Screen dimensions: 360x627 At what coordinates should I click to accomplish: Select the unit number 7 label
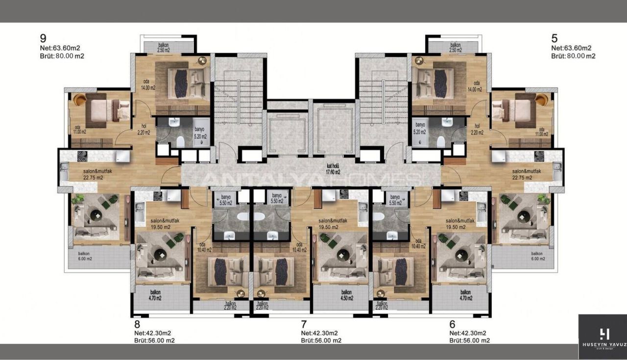coord(304,324)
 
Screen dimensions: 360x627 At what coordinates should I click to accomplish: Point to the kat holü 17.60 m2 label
coord(334,169)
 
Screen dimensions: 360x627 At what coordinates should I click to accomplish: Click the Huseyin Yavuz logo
coord(603,337)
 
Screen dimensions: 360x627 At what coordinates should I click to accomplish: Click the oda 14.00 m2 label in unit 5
coord(474,86)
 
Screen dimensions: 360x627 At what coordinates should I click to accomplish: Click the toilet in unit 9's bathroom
coord(180,142)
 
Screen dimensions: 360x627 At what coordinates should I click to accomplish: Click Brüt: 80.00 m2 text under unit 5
coord(573,56)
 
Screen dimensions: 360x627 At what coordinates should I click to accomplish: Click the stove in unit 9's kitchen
coord(82,156)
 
